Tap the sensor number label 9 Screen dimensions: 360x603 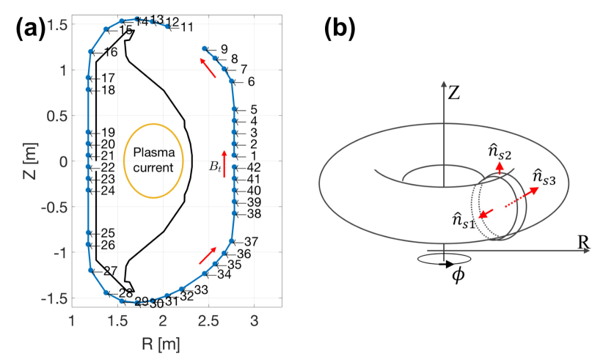tap(224, 49)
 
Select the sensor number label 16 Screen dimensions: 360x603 tap(110, 53)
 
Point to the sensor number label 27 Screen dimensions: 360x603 tap(110, 271)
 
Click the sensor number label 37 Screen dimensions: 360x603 tap(252, 242)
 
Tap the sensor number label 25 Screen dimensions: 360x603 tap(107, 233)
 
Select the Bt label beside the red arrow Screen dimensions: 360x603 tap(214, 168)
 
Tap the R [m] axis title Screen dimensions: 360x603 tap(162, 342)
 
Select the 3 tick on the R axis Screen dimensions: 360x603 tap(254, 323)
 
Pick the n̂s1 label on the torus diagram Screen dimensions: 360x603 tap(464, 219)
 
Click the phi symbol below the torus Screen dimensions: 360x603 tap(458, 277)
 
